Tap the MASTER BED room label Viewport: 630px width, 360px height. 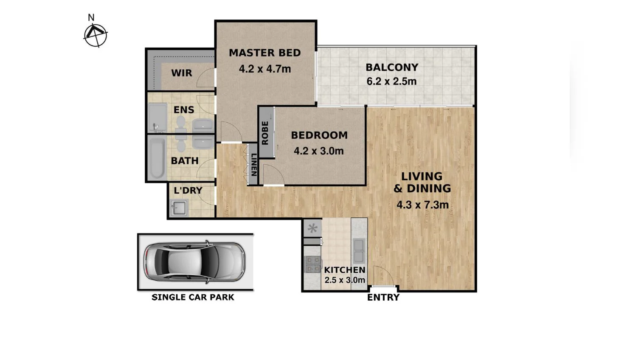265,53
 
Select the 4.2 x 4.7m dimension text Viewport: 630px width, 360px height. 265,69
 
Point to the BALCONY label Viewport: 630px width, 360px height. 392,67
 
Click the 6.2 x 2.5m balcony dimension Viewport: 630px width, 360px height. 392,81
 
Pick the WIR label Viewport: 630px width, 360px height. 182,73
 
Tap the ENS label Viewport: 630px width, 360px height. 184,110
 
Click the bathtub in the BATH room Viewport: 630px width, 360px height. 157,158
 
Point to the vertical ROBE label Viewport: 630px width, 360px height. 265,133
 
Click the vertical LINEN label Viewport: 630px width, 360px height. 253,164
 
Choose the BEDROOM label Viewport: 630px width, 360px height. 319,135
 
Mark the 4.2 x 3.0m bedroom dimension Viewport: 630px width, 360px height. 319,151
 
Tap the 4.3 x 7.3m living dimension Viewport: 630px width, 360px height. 422,205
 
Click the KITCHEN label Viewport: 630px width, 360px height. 345,270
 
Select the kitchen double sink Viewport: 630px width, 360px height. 359,250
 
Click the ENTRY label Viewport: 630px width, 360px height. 383,298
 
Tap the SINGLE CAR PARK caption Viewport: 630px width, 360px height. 193,298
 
